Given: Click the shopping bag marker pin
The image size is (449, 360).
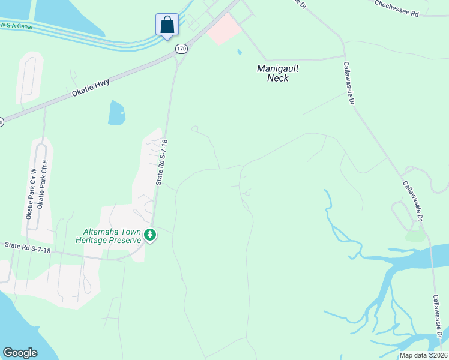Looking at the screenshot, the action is tap(167, 25).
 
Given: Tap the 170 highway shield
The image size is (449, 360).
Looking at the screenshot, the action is tap(181, 48).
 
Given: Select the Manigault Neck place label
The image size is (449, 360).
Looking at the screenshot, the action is tap(278, 73).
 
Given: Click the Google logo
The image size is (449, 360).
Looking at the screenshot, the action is tap(20, 353).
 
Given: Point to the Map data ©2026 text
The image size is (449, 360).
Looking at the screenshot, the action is tap(423, 355).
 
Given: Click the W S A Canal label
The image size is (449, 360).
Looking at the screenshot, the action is tap(16, 26).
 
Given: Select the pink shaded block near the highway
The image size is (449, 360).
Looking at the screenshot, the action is tap(223, 28).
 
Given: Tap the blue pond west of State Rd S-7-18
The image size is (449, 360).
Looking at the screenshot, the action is tap(117, 112).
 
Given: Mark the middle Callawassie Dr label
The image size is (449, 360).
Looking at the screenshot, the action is tap(414, 201).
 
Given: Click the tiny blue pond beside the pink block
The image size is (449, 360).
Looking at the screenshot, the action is tap(239, 52).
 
